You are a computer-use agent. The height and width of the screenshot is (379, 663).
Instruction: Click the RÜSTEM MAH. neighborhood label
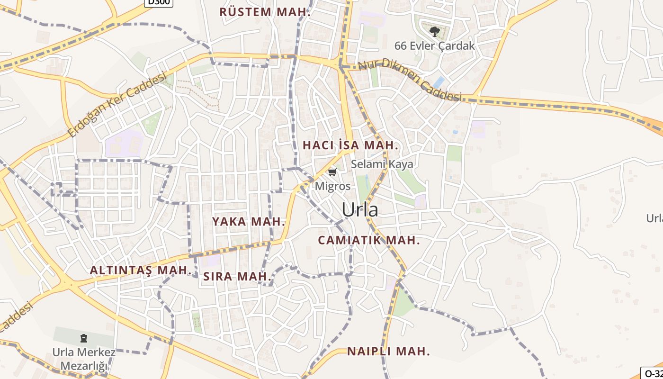pos(265,12)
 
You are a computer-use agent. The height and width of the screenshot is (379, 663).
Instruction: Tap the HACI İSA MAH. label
pos(350,145)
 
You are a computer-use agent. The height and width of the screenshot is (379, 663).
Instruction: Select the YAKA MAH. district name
pos(249,221)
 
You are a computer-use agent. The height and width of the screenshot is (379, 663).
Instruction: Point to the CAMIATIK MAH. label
pos(369,240)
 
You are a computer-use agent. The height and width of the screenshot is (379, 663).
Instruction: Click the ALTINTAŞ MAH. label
pos(140,271)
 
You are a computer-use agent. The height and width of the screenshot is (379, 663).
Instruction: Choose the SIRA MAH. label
pos(237,277)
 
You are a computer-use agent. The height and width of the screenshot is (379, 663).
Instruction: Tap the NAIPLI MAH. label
pos(388,352)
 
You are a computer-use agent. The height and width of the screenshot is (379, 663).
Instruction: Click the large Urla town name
pos(360,209)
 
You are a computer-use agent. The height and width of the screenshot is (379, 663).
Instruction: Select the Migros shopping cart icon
pos(332,171)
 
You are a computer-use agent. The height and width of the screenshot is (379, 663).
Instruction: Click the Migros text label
pos(333,186)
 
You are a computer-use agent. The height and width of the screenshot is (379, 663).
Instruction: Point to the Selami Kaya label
pos(382,164)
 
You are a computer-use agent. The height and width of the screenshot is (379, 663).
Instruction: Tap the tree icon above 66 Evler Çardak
pos(434,32)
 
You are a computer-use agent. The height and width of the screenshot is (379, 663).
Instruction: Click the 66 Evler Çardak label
pos(434,46)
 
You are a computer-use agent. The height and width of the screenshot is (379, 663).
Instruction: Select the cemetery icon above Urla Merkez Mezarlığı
pos(84,338)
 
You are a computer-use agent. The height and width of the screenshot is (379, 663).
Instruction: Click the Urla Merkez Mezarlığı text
pos(84,359)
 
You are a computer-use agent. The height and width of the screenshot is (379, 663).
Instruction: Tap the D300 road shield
pos(158,2)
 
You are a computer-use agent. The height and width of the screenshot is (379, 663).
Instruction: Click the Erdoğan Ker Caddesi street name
pos(118,104)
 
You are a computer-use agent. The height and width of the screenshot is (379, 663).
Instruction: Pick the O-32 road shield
pos(652,373)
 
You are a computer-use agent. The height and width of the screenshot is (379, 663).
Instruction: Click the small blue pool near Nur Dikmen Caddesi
pos(439,82)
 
